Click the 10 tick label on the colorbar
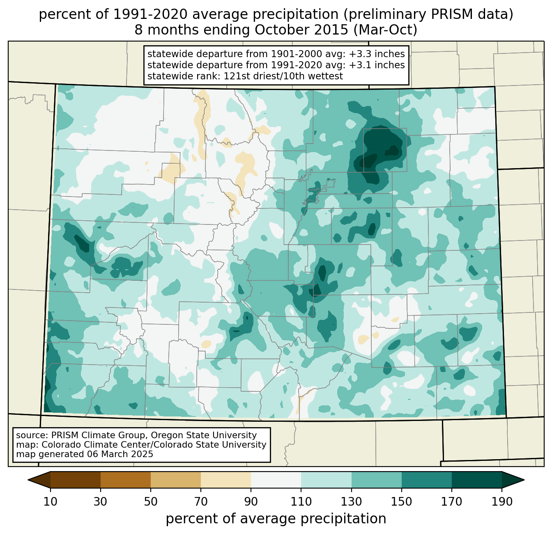tap(51, 502)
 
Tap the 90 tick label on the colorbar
tap(251, 502)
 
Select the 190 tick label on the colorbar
tap(501, 502)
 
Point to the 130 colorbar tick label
tap(351, 502)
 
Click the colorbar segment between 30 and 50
tap(126, 480)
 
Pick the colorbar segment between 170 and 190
tap(476, 480)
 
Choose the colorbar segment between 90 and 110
tap(276, 480)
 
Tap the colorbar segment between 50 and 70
tap(176, 480)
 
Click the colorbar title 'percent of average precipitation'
tap(276, 519)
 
